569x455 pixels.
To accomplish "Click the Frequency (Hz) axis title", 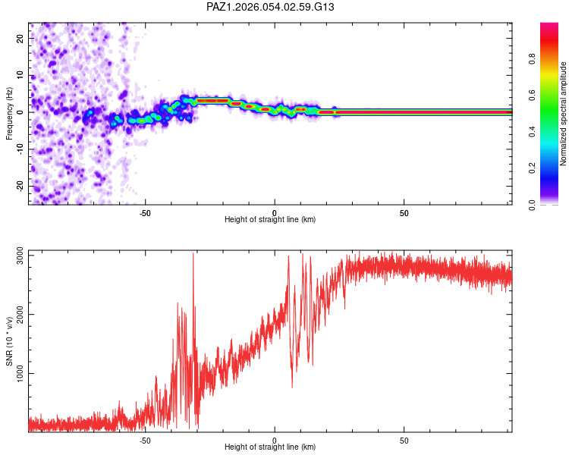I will pos(9,111).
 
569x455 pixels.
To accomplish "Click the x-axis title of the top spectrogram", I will pos(270,220).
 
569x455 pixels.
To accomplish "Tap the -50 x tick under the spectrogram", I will pos(145,212).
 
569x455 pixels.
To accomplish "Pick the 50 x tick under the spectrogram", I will pos(404,212).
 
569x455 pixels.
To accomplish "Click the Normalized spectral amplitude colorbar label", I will pos(563,114).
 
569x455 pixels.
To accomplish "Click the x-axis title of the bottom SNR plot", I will pos(270,447).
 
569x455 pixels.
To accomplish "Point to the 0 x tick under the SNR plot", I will pos(275,440).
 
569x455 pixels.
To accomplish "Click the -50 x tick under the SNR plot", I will pos(145,440).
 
